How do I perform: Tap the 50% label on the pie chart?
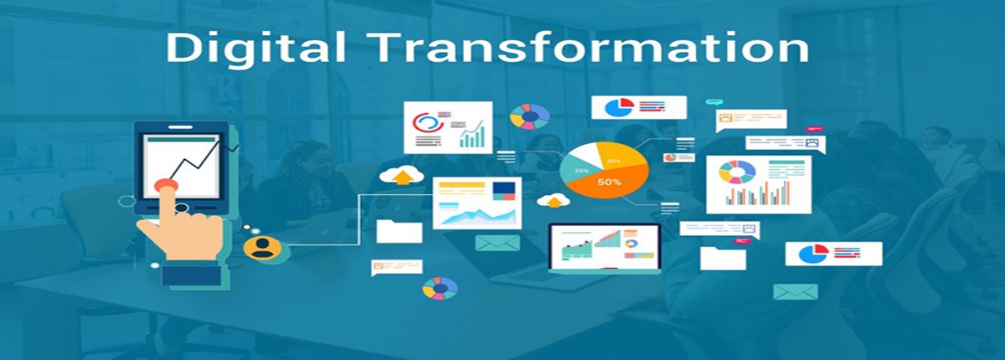tap(609, 182)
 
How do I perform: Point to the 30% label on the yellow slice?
tap(613, 161)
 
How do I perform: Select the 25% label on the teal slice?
tap(581, 171)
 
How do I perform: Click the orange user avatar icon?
tap(262, 248)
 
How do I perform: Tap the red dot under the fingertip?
tap(167, 185)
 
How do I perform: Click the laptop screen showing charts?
tap(605, 248)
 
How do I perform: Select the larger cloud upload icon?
tap(402, 175)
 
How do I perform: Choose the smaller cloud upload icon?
tap(554, 200)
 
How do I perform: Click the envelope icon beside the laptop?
tap(497, 243)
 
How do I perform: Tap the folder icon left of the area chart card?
tap(399, 231)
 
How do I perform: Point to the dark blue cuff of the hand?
tap(191, 275)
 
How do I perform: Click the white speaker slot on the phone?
tap(180, 127)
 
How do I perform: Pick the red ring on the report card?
tap(426, 121)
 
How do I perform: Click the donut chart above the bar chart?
tap(737, 172)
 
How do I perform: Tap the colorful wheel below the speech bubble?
tap(441, 288)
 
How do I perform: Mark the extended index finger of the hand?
tap(167, 204)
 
